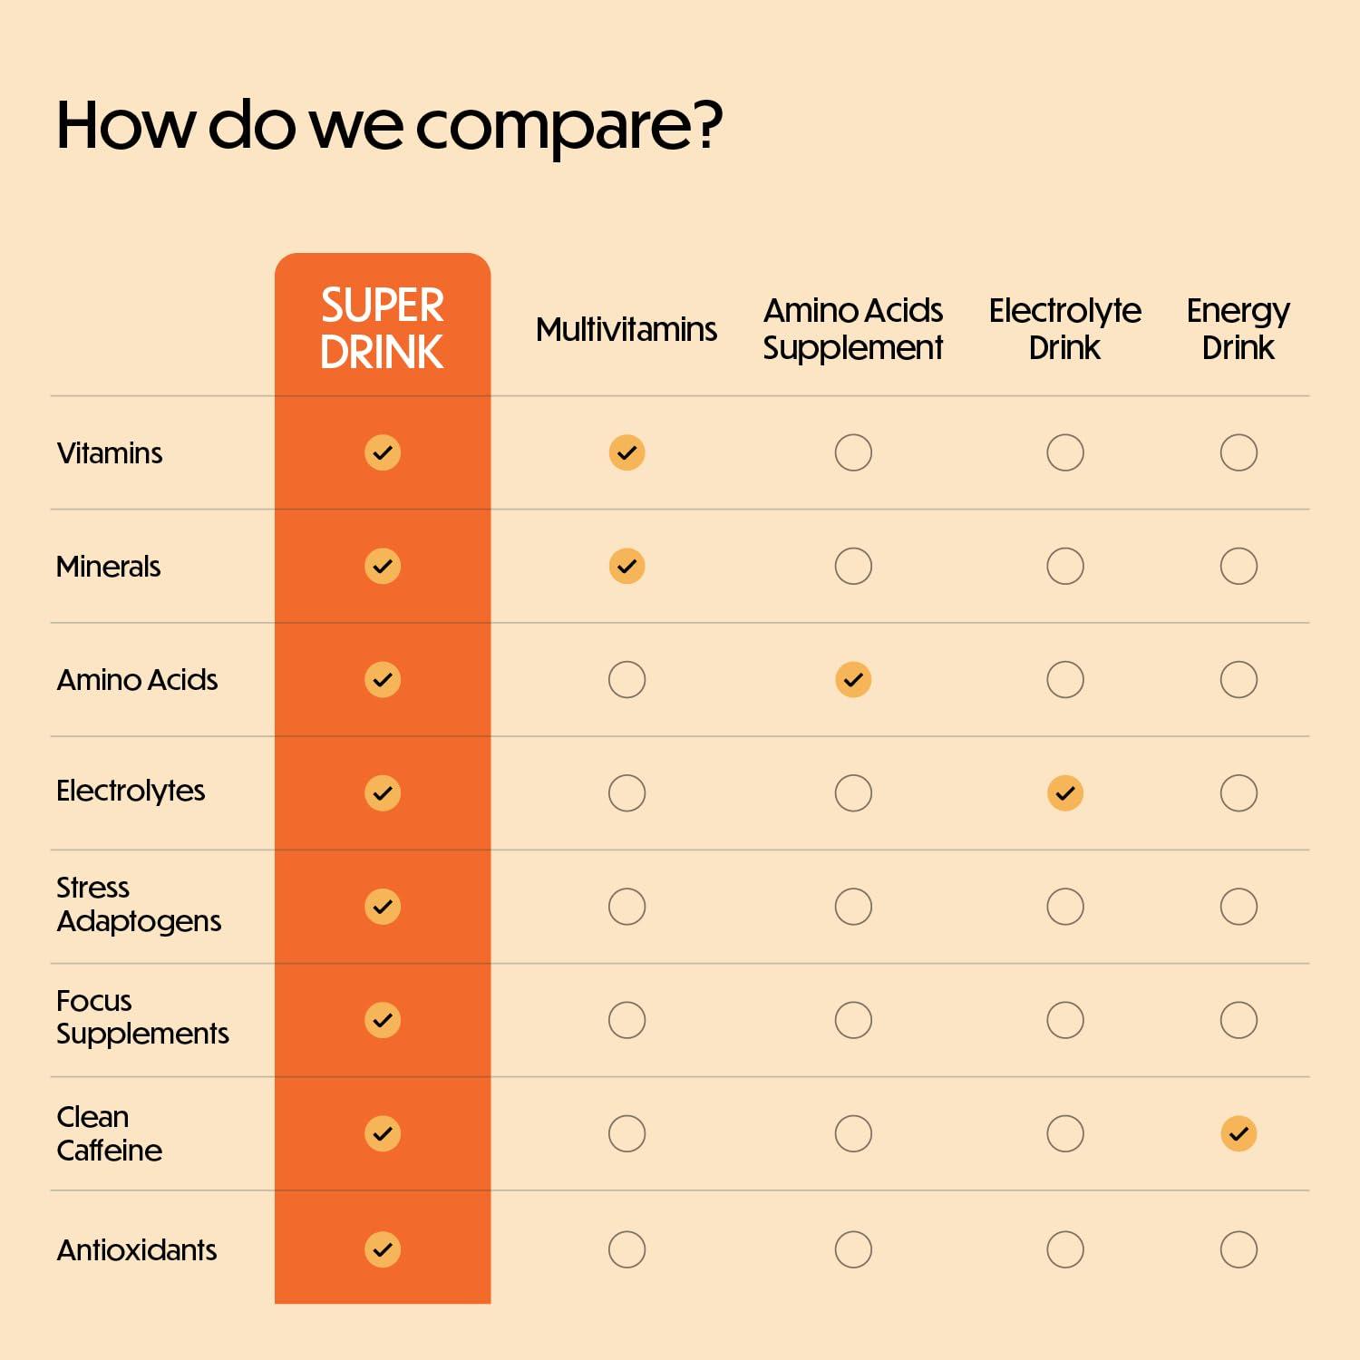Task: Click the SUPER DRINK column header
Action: click(382, 328)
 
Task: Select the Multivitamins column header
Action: click(626, 329)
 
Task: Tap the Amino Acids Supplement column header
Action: click(852, 329)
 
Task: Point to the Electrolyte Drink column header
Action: click(1064, 329)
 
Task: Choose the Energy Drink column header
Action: click(1238, 329)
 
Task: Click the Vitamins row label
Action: click(110, 452)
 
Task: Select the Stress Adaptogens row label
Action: click(138, 904)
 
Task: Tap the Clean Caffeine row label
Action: click(109, 1133)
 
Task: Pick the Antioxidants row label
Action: click(137, 1249)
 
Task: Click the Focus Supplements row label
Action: click(142, 1017)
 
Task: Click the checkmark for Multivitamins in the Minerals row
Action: click(627, 566)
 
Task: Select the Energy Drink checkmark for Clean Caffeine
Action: click(1239, 1133)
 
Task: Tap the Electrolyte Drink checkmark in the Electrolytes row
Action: click(1065, 793)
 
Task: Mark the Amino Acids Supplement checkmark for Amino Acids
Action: click(853, 679)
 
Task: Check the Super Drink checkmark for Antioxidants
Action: click(383, 1249)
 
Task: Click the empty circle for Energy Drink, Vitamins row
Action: click(1239, 452)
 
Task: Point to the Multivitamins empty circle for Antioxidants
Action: click(627, 1249)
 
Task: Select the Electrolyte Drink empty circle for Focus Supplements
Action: click(1065, 1020)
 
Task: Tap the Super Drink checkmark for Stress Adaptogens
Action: click(383, 907)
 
